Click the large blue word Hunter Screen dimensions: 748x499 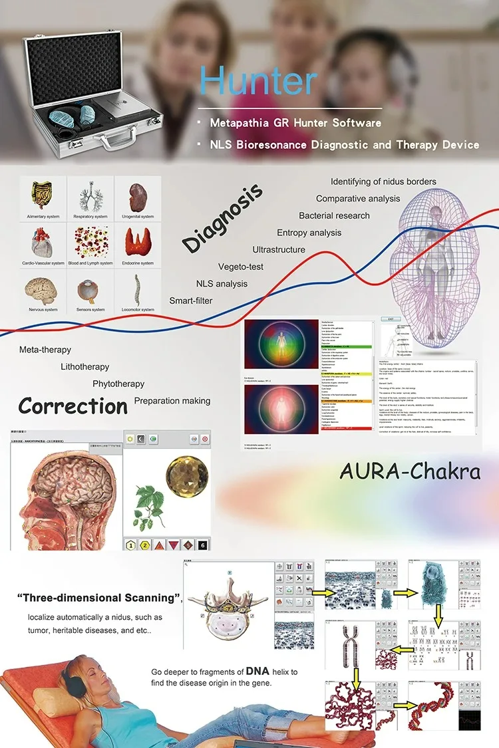(258, 81)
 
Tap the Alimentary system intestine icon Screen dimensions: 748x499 (42, 195)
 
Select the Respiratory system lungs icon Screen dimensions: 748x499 (90, 195)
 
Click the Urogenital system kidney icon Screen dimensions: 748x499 (138, 195)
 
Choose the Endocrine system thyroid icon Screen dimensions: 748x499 (138, 242)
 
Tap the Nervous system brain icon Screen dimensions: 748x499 (42, 289)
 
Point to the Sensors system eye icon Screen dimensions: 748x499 (90, 290)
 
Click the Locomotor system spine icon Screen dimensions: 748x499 (138, 289)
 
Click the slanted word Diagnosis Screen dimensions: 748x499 (222, 219)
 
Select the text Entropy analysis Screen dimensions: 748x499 (309, 233)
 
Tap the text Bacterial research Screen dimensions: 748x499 (334, 215)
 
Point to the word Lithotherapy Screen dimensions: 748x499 (84, 366)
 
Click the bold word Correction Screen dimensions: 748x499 (73, 406)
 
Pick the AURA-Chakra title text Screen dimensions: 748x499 (410, 471)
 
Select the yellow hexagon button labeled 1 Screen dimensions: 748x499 (132, 545)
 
